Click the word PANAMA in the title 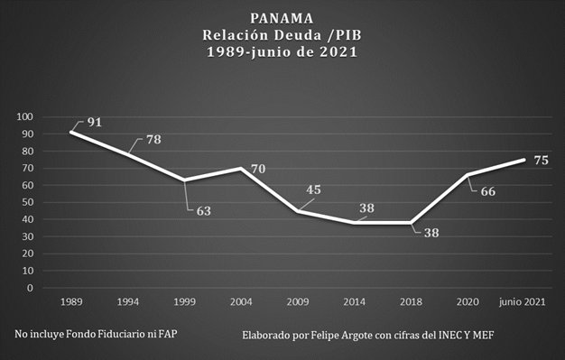[282, 17]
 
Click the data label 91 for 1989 [94, 122]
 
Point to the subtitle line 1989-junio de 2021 [282, 52]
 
